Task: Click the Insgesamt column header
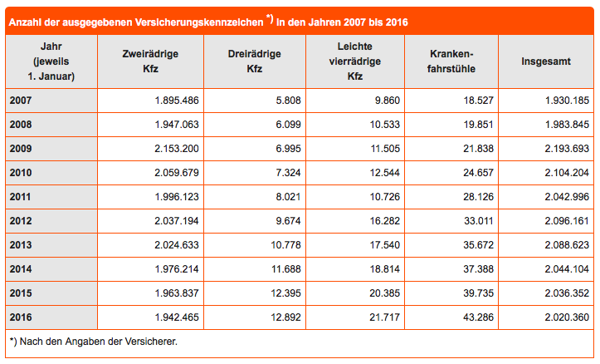click(x=546, y=61)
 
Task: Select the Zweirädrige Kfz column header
click(x=150, y=61)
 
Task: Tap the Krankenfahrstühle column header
click(x=451, y=61)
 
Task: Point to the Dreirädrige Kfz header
click(x=255, y=61)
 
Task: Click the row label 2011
click(x=20, y=197)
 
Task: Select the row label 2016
click(x=21, y=317)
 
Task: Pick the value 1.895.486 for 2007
click(x=177, y=101)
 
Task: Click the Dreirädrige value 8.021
click(x=288, y=197)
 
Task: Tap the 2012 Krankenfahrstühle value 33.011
click(x=478, y=221)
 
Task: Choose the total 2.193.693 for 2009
click(x=567, y=149)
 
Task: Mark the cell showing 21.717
click(x=384, y=317)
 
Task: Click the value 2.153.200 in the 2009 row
click(x=177, y=149)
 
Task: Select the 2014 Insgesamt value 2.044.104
click(x=567, y=269)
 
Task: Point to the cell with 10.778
click(x=285, y=245)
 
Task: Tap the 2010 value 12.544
click(x=384, y=173)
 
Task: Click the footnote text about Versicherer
click(x=94, y=342)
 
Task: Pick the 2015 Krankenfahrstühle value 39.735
click(x=478, y=293)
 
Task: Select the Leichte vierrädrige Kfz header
click(x=354, y=61)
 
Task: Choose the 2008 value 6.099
click(x=288, y=125)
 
